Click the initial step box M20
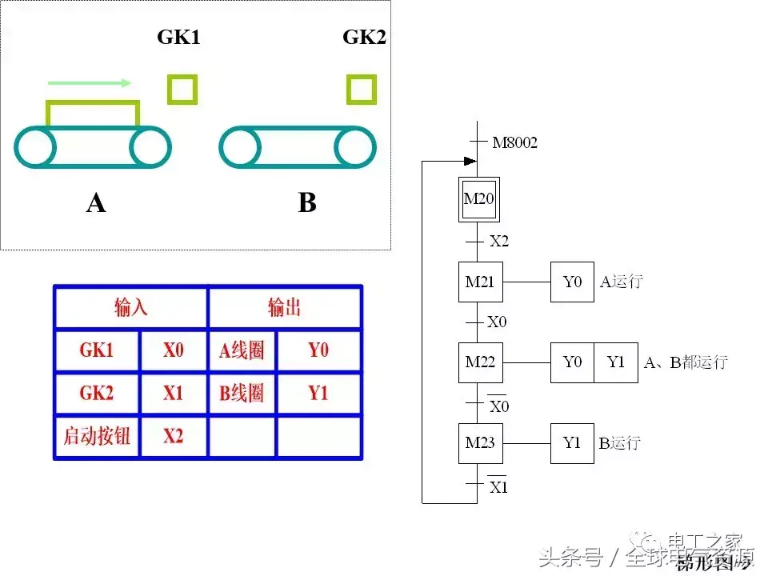[x=479, y=199]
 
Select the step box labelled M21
[x=480, y=282]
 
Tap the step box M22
[x=480, y=362]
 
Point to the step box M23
[x=480, y=443]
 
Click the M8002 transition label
[x=514, y=143]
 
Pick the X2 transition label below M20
[x=498, y=241]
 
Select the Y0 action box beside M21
[x=572, y=282]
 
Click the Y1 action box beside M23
[x=572, y=443]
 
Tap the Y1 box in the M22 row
[x=615, y=362]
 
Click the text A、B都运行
[x=686, y=362]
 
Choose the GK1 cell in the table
[x=97, y=350]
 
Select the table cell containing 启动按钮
[x=97, y=437]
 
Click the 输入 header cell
[x=131, y=308]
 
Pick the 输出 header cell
[x=284, y=308]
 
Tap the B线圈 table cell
[x=242, y=394]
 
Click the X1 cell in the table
[x=173, y=394]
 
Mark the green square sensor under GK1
[x=182, y=89]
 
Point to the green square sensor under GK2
[x=362, y=89]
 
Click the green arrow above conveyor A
[x=89, y=82]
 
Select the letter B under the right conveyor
[x=307, y=204]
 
